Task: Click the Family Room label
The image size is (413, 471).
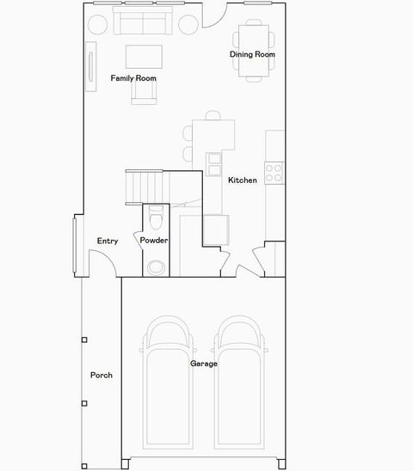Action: click(133, 78)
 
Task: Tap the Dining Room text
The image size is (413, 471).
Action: click(252, 55)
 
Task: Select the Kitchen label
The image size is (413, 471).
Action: click(242, 180)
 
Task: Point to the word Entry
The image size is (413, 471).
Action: click(108, 241)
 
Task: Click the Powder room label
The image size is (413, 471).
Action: click(154, 241)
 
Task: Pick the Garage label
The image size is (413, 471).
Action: click(204, 364)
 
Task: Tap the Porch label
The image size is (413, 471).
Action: click(102, 375)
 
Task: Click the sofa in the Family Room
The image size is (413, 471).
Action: click(144, 24)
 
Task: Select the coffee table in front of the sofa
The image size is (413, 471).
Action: click(144, 56)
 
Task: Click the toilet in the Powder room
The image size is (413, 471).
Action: click(155, 216)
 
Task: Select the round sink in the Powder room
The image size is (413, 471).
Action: click(155, 267)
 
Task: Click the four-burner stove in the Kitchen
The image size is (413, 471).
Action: click(274, 172)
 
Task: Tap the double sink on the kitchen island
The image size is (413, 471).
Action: click(213, 161)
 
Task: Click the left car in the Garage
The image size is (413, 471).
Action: click(168, 382)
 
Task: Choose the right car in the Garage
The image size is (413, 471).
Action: click(238, 382)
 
